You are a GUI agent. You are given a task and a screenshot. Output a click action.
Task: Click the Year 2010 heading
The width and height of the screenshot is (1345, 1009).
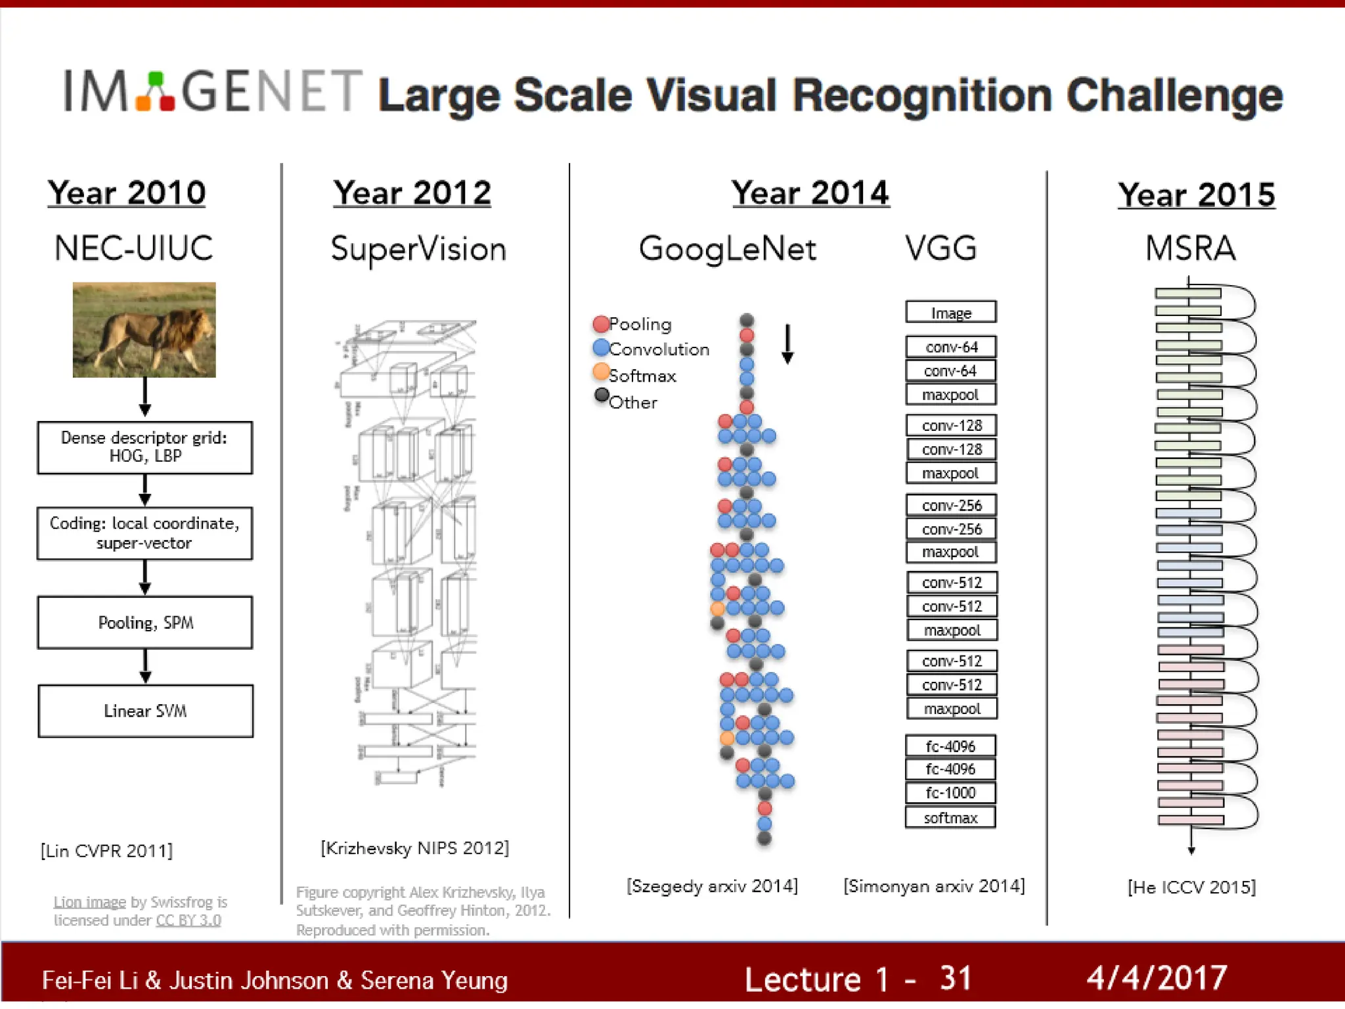pos(126,193)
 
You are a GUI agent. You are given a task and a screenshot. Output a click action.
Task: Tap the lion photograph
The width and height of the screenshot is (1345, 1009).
pos(144,330)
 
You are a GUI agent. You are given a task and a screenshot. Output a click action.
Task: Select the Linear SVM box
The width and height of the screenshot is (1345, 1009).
pos(145,711)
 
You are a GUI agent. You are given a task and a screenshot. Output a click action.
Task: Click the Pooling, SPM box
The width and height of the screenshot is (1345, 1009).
pos(145,623)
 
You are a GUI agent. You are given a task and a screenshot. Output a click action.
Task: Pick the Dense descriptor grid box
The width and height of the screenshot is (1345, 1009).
pos(145,447)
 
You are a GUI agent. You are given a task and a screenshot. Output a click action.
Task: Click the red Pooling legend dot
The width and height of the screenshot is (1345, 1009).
pos(600,324)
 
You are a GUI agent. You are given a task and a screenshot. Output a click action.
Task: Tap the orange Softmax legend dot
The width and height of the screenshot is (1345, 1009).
pos(600,372)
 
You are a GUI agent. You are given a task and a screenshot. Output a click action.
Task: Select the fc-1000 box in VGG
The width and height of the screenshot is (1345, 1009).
pos(950,793)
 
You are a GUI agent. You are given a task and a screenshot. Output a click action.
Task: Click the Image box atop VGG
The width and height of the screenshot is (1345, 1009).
pos(950,313)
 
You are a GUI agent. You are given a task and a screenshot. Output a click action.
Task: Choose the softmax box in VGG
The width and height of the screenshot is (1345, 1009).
pos(950,818)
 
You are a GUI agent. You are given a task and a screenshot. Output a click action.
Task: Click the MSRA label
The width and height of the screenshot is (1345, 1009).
pos(1190,249)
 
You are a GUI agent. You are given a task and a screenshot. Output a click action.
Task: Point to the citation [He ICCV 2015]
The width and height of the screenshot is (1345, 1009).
pos(1191,887)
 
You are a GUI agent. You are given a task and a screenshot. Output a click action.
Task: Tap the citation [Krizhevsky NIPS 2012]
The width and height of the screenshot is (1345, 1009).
pos(414,848)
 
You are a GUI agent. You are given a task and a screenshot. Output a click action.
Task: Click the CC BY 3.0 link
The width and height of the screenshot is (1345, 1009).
pos(188,920)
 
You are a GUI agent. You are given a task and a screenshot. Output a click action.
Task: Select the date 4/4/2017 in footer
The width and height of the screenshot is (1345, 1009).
pos(1157,977)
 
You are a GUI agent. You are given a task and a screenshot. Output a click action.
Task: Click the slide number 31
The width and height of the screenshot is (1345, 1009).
pos(955,977)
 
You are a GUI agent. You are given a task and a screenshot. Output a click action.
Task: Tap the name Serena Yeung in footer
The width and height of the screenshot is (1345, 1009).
pos(434,981)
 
